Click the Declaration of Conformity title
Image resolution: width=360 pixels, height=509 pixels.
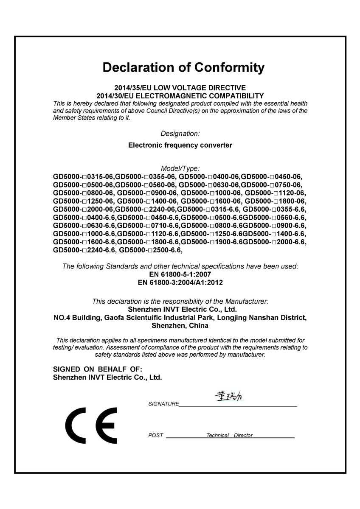click(183, 67)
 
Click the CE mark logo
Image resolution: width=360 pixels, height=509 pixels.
click(91, 425)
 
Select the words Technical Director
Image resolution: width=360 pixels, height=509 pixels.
click(229, 436)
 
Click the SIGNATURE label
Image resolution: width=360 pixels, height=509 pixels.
click(163, 404)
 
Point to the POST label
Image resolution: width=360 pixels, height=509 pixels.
click(155, 436)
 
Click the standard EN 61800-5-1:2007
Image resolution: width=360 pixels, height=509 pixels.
click(180, 274)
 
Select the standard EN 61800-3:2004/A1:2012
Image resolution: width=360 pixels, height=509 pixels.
click(180, 282)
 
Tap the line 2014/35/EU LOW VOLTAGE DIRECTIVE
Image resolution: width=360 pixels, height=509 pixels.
click(180, 88)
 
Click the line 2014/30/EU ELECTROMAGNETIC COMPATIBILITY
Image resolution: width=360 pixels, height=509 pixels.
click(180, 95)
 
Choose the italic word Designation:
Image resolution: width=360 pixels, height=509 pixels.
click(180, 134)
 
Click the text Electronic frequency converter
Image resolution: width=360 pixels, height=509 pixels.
click(180, 145)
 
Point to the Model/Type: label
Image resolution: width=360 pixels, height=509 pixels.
click(180, 168)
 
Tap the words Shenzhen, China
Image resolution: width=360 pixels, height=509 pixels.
click(180, 326)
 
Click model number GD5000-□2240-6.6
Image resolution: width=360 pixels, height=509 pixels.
click(84, 250)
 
